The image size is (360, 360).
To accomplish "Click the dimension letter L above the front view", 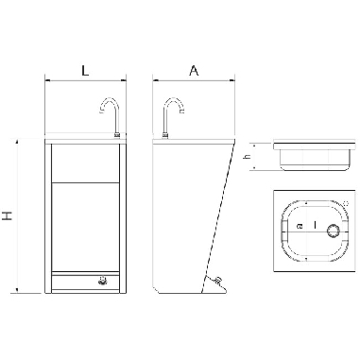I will pyautogui.click(x=85, y=70).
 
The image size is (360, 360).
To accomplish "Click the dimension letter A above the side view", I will pyautogui.click(x=194, y=70).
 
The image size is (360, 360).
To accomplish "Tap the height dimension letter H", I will pyautogui.click(x=8, y=216).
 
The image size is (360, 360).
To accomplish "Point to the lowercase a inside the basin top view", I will pyautogui.click(x=300, y=228).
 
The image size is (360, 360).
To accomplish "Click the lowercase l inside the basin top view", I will pyautogui.click(x=315, y=228).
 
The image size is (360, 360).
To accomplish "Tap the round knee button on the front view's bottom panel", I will pyautogui.click(x=102, y=281).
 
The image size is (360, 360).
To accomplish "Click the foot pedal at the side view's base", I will pyautogui.click(x=217, y=282).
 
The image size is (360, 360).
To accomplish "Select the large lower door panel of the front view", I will pyautogui.click(x=85, y=227).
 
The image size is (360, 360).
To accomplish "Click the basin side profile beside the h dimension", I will pyautogui.click(x=312, y=157).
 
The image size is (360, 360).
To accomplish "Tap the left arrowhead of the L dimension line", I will pyautogui.click(x=48, y=81).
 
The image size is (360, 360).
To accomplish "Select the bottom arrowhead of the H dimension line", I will pyautogui.click(x=18, y=291).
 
